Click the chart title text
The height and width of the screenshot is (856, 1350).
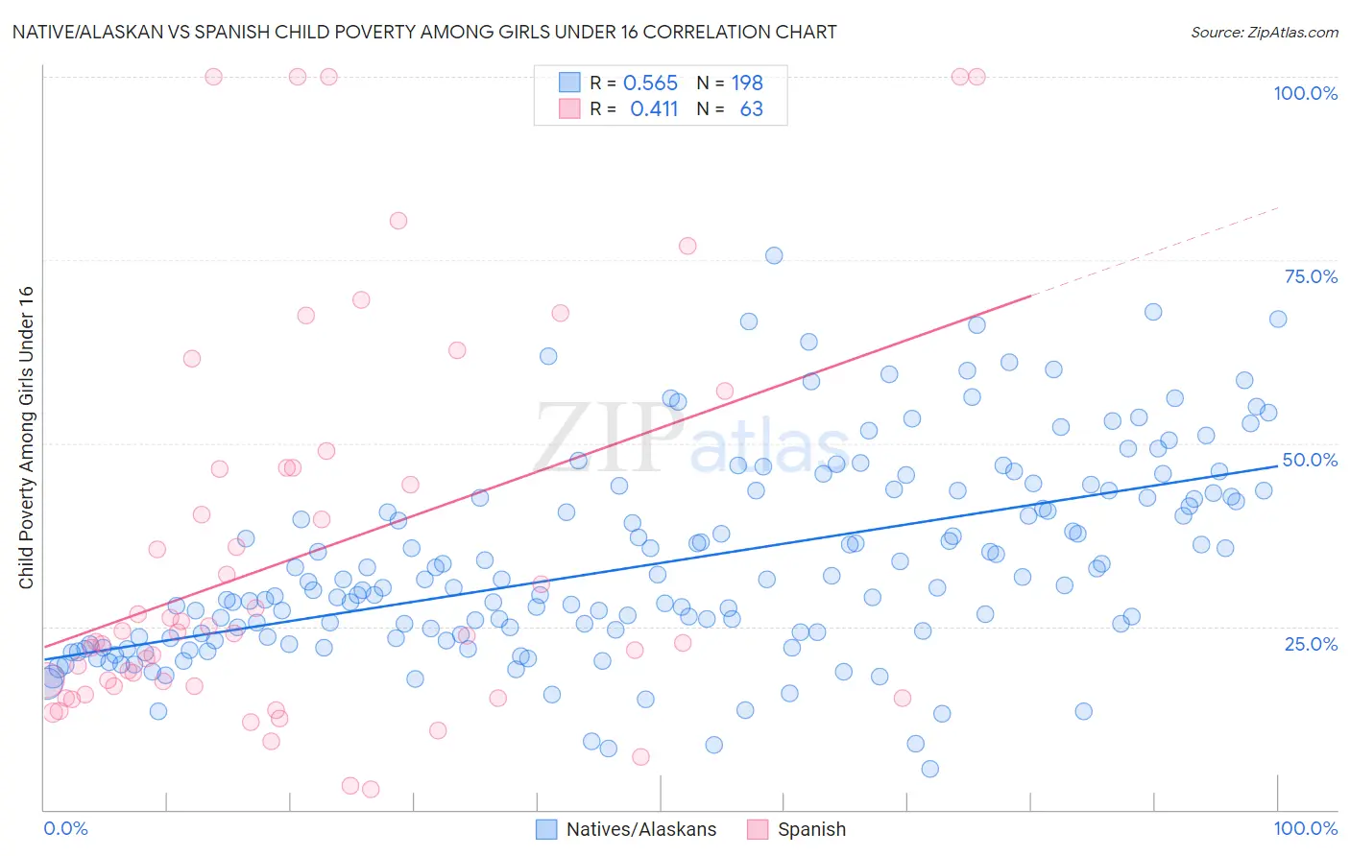[x=424, y=32]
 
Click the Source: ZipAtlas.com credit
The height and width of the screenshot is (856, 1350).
[x=1264, y=32]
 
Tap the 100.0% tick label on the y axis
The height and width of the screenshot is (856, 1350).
[x=1305, y=93]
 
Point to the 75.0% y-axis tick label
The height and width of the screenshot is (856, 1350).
[x=1311, y=276]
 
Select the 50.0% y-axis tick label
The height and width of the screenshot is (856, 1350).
[x=1310, y=460]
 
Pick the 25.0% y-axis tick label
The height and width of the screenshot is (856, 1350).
[x=1311, y=643]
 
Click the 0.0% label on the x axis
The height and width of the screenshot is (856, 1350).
[x=65, y=828]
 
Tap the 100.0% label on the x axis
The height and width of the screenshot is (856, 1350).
[x=1305, y=828]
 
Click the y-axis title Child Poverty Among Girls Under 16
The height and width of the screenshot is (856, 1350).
[x=26, y=438]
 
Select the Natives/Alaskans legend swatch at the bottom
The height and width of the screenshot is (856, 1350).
[x=546, y=829]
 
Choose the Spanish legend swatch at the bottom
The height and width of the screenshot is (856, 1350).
[x=758, y=829]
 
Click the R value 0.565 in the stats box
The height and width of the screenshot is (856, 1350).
[x=650, y=83]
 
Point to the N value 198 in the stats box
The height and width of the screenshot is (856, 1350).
[x=747, y=83]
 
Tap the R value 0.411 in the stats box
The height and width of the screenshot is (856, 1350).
[x=654, y=109]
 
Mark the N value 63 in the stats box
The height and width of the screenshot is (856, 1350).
[x=751, y=109]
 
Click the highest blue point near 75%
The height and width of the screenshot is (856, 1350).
[x=774, y=255]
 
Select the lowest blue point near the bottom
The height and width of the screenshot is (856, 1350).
[x=929, y=769]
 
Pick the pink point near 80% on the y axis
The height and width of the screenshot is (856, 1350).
[x=398, y=221]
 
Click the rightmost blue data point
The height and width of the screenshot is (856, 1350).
[x=1278, y=320]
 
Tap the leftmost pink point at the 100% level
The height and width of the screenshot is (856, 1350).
[x=213, y=77]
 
